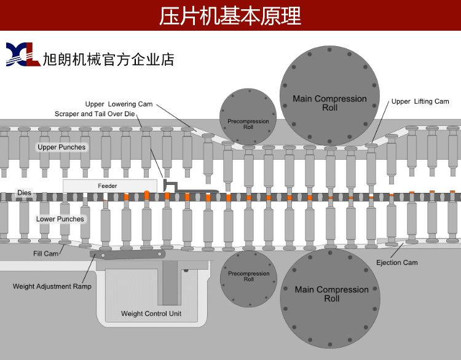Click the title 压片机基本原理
point(230,15)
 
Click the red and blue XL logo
point(22,55)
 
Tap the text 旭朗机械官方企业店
point(108,59)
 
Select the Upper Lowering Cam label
point(119,104)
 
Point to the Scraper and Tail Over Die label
point(93,114)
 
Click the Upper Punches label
point(61,147)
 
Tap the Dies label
point(24,193)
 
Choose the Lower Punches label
point(60,219)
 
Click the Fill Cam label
point(46,253)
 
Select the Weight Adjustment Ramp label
point(52,286)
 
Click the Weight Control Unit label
point(151,314)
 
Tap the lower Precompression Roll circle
point(248,278)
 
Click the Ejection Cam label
point(396,262)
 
